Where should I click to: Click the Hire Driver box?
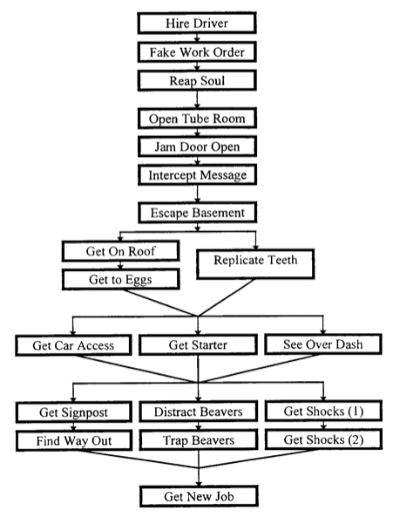click(x=197, y=23)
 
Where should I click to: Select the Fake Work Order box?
click(x=197, y=52)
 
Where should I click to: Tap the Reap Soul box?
click(x=197, y=80)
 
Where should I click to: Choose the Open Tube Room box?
click(x=197, y=119)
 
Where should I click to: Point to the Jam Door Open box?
click(x=197, y=146)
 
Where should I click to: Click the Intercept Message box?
click(x=197, y=174)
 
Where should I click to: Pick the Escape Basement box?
click(x=197, y=213)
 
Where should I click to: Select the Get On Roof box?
click(x=120, y=251)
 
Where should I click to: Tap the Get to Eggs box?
click(x=120, y=279)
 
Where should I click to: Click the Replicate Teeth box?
click(x=255, y=264)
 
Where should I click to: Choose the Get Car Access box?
click(x=73, y=345)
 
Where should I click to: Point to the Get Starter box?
click(x=198, y=345)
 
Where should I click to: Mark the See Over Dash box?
click(x=323, y=344)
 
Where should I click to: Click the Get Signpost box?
click(x=73, y=412)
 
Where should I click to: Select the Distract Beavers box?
click(x=199, y=412)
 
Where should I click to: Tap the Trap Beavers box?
click(x=199, y=440)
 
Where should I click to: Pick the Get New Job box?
click(x=199, y=497)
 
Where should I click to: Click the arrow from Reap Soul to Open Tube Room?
click(x=197, y=99)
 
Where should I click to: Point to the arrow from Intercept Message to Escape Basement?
click(x=197, y=194)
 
